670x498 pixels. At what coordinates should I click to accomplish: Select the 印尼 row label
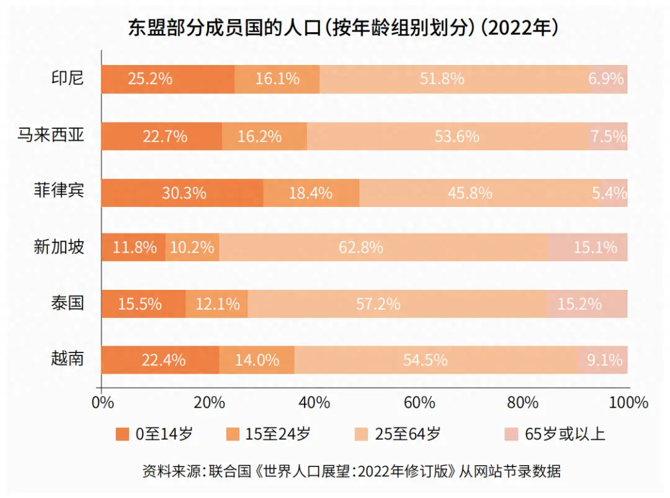pyautogui.click(x=68, y=79)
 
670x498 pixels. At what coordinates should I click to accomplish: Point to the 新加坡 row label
pyautogui.click(x=59, y=247)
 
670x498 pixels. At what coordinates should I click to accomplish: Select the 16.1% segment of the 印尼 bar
pyautogui.click(x=277, y=79)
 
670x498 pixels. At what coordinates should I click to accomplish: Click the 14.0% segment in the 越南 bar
pyautogui.click(x=257, y=360)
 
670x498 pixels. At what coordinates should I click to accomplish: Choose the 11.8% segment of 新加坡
pyautogui.click(x=133, y=248)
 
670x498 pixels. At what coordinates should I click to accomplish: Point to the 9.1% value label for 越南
pyautogui.click(x=604, y=360)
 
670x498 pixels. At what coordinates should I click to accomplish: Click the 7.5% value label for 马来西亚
pyautogui.click(x=608, y=136)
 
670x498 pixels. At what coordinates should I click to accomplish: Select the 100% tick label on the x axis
pyautogui.click(x=628, y=403)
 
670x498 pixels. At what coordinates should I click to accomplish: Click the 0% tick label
pyautogui.click(x=102, y=403)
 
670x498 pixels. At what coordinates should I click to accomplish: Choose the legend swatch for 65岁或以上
pyautogui.click(x=511, y=434)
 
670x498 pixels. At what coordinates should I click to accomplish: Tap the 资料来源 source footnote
pyautogui.click(x=351, y=471)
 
